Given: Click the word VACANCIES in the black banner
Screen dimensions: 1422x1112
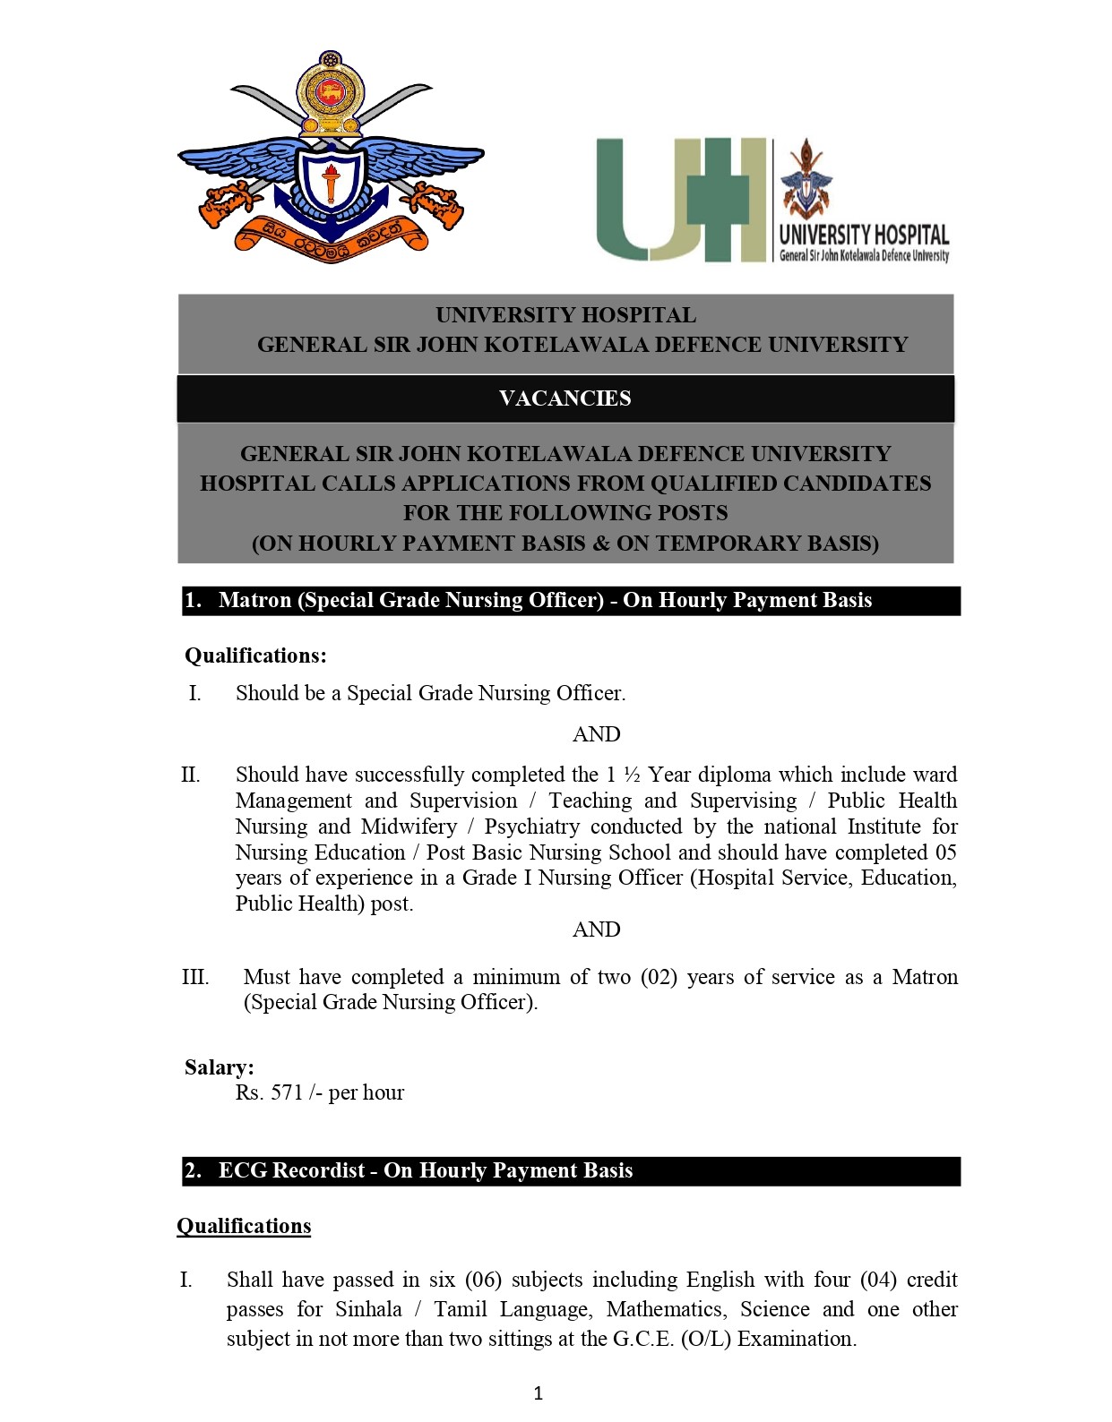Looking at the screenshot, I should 565,398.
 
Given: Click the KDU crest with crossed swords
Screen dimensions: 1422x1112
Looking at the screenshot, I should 332,161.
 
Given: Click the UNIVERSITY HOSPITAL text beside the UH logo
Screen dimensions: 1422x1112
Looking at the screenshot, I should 864,235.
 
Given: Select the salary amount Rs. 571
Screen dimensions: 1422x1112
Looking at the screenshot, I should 270,1092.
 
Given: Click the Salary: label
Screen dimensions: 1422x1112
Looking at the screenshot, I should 220,1067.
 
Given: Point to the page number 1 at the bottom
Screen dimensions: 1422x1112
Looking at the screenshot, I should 539,1392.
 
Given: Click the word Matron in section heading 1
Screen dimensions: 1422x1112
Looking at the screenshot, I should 255,600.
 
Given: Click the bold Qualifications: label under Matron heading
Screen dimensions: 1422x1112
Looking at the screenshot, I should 255,655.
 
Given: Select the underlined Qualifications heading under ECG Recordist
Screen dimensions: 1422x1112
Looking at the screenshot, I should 244,1226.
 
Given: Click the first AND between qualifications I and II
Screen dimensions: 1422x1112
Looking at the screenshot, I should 596,734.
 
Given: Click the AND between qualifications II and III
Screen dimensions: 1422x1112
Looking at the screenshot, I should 596,929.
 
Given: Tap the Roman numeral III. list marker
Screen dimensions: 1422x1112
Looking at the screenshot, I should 195,977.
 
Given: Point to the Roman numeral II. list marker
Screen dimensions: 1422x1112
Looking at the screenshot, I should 191,775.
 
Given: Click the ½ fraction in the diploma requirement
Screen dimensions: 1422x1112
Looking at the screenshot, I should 632,775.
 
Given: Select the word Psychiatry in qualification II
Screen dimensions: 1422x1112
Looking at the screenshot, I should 531,827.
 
